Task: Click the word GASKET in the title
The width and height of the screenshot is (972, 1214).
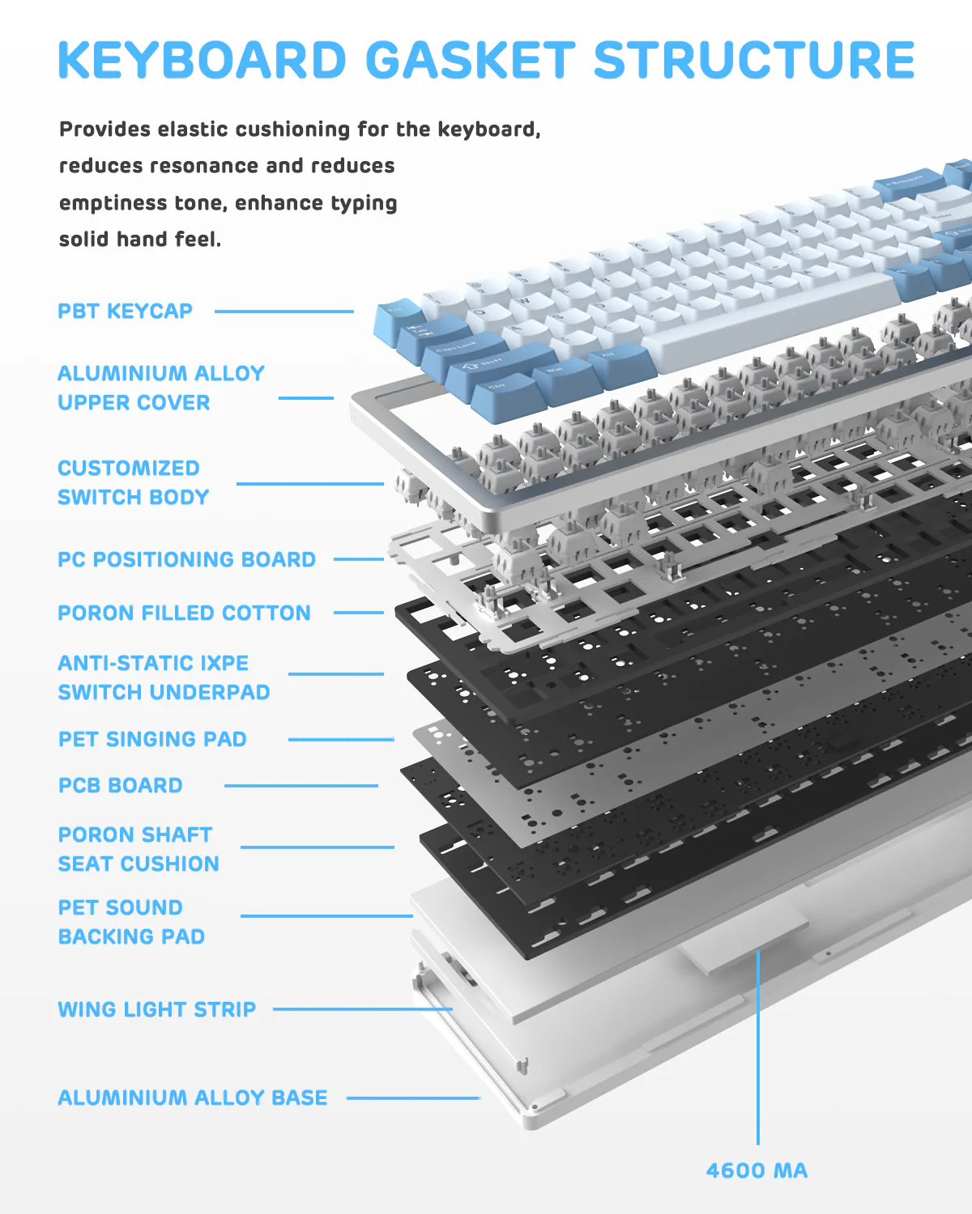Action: (470, 61)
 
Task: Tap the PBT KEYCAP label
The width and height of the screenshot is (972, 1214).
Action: (125, 312)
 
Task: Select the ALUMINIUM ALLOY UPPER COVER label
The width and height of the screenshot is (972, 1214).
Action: (160, 388)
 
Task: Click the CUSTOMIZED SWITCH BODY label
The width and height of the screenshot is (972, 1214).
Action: (133, 482)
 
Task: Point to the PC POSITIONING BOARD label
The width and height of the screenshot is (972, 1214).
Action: (186, 559)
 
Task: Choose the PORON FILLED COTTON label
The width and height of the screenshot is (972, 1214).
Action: (184, 613)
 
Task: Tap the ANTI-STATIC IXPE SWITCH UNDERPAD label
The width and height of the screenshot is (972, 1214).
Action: (164, 677)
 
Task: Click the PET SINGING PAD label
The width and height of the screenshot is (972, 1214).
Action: (152, 739)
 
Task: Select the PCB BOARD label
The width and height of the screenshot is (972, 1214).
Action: (120, 785)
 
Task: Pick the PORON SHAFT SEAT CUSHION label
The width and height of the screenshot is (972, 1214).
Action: (138, 849)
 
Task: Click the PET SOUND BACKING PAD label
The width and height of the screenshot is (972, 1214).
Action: (131, 922)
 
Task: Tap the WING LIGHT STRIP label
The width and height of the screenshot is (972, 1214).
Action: (156, 1009)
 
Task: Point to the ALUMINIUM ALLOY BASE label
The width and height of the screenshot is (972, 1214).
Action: (193, 1097)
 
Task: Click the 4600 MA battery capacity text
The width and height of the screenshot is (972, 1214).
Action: (757, 1170)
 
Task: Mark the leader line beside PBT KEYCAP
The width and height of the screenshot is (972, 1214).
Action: (283, 312)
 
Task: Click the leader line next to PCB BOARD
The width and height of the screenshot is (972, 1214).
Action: (301, 785)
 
